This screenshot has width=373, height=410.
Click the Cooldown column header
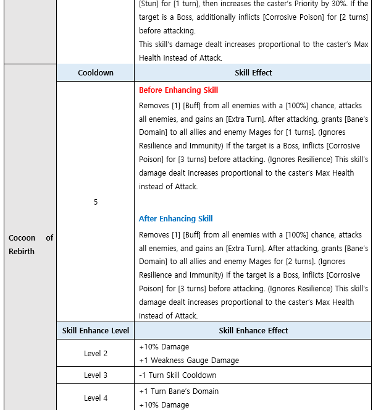pos(96,72)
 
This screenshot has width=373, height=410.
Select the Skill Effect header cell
pos(253,72)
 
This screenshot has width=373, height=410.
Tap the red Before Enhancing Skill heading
pos(178,90)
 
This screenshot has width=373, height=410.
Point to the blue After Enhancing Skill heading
pos(175,218)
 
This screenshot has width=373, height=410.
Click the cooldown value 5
pos(96,202)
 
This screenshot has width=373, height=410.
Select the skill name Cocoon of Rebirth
pos(31,244)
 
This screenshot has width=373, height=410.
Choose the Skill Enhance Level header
pos(96,330)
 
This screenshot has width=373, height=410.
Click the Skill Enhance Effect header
pos(253,330)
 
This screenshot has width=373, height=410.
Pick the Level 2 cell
pos(96,353)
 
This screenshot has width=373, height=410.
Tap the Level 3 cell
pos(96,375)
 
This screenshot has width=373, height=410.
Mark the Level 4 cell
pos(96,398)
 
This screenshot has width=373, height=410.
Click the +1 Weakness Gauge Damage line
pos(189,360)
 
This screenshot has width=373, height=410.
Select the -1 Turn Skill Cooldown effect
pos(177,375)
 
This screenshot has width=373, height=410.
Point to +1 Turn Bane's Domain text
pos(178,391)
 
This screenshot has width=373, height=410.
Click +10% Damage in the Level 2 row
pos(164,346)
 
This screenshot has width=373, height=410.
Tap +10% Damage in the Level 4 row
pos(164,404)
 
